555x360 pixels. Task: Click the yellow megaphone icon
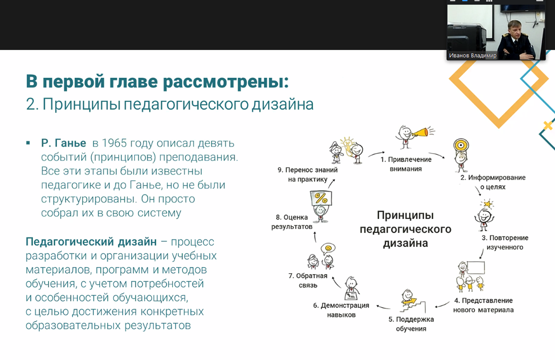tap(421, 133)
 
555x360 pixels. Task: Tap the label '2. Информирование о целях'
tap(493, 182)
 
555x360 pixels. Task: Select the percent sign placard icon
tap(321, 198)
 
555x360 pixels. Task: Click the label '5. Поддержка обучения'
tap(411, 324)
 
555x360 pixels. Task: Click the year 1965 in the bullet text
tap(114, 143)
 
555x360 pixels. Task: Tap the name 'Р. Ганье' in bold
tap(63, 143)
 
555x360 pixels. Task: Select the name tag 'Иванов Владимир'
tap(473, 56)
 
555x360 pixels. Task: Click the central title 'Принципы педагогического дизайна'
tap(405, 229)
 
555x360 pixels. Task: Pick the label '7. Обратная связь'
tap(308, 280)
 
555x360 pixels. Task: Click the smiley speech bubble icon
tap(328, 248)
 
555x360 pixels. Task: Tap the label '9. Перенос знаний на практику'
tap(307, 175)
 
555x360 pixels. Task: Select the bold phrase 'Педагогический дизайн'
tap(91, 242)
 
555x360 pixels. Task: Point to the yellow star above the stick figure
tap(487, 204)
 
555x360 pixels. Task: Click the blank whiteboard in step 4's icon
tap(476, 267)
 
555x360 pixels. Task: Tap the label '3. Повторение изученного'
tap(505, 243)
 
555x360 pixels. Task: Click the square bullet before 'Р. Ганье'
tap(28, 143)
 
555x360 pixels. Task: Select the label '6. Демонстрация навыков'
tap(341, 310)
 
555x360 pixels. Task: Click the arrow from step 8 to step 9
tap(331, 183)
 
